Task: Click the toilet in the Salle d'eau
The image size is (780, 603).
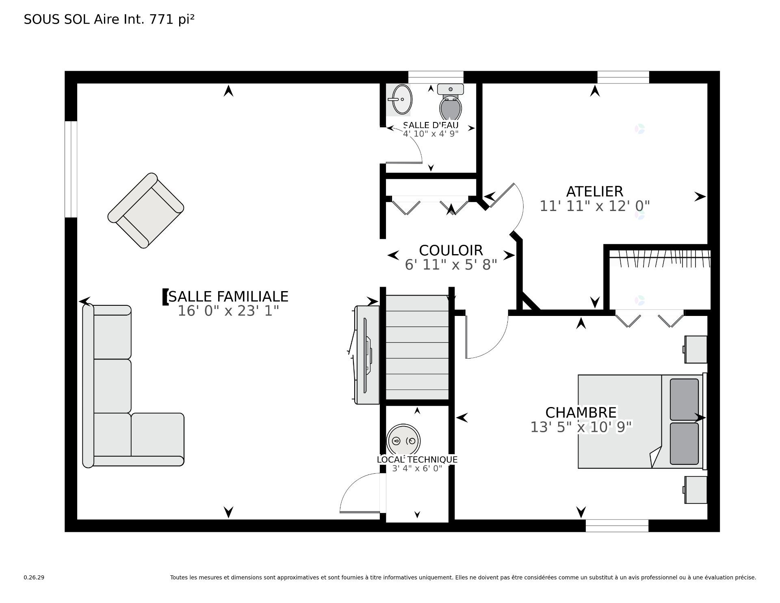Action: (451, 104)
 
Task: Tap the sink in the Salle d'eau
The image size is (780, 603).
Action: (401, 100)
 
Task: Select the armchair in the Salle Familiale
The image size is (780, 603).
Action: (145, 210)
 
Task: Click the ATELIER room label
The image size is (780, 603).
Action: (594, 192)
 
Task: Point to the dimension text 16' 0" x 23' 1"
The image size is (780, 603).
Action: (228, 311)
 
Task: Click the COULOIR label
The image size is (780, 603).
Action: (451, 250)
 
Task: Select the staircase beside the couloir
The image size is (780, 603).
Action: (417, 348)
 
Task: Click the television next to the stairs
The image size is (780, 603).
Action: (367, 355)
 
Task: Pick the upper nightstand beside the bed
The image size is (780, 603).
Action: (696, 349)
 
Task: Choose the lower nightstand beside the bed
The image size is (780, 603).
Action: (696, 490)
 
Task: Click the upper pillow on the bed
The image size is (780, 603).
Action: (684, 399)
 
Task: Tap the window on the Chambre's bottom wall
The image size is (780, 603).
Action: (617, 525)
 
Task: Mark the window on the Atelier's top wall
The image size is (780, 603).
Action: (623, 77)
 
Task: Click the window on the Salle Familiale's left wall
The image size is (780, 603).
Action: (71, 169)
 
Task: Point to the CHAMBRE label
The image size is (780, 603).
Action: (581, 413)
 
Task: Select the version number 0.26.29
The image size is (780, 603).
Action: (34, 577)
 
